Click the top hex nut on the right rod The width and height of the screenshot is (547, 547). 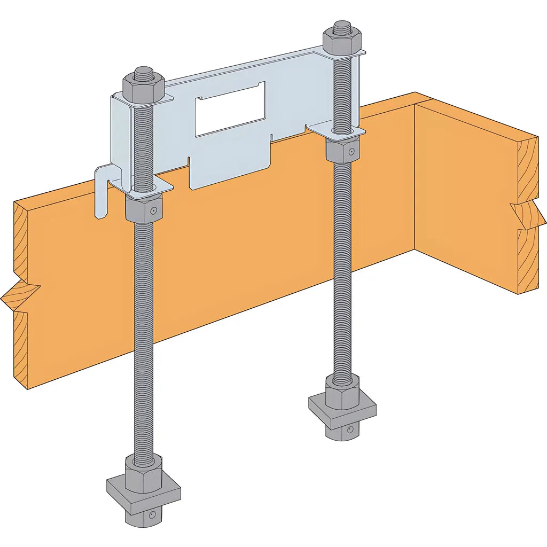342,43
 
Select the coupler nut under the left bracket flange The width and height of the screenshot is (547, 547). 143,208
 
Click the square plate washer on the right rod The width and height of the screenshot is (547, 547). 342,409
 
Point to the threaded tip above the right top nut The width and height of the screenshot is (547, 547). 342,25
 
